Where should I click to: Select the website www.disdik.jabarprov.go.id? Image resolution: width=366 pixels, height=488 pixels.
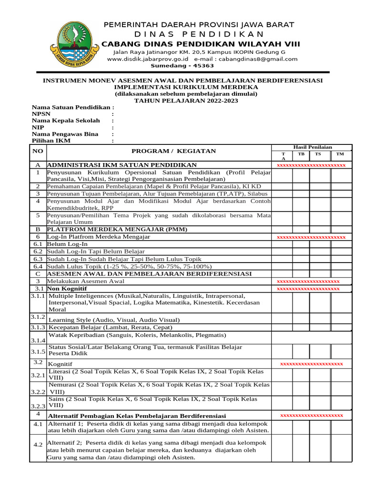[148, 59]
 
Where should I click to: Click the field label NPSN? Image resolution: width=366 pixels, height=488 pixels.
[41, 114]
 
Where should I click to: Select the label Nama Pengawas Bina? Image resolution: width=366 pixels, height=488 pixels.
[65, 134]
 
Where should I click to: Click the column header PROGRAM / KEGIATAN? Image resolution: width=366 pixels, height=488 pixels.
[173, 151]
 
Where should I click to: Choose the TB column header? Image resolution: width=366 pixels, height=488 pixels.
[301, 154]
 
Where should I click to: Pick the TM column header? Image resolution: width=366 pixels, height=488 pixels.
[339, 154]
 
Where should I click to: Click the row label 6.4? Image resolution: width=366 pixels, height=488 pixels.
[38, 266]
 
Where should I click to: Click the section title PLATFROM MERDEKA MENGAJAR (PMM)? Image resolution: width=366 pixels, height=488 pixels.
[117, 229]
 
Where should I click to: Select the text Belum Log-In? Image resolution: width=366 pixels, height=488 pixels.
[67, 244]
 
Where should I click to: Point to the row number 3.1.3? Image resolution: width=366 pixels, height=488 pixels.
[38, 327]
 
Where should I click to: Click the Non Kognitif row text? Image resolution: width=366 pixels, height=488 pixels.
[67, 289]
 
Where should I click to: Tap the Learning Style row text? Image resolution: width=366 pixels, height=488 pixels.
[114, 320]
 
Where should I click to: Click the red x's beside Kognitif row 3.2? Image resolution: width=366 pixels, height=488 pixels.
[311, 364]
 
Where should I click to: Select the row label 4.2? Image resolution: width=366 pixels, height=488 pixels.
[38, 445]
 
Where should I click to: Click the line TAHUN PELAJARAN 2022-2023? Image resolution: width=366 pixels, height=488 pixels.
[185, 101]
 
